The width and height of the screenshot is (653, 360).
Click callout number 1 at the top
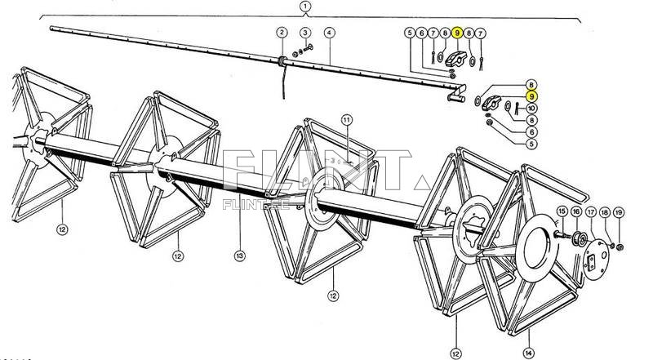[305, 7]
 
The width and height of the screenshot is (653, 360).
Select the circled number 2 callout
[282, 33]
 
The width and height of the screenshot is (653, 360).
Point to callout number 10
[531, 108]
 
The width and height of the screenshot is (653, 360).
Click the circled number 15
[561, 212]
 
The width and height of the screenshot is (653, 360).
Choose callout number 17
[591, 212]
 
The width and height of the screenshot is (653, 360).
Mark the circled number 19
[619, 212]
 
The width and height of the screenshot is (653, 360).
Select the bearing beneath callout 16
[577, 239]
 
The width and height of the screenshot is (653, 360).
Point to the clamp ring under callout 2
[281, 61]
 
